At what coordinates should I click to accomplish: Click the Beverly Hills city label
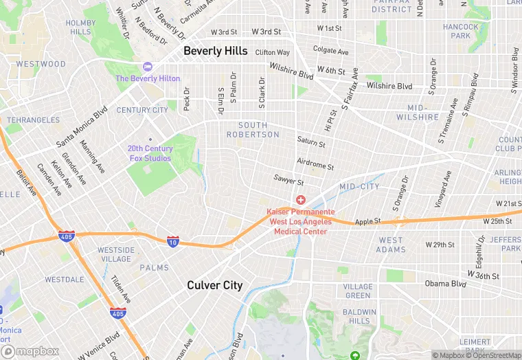tap(215, 51)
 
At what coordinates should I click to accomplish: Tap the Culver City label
tap(214, 285)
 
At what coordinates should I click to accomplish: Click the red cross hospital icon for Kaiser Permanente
tap(301, 200)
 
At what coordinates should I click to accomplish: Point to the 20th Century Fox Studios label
tap(150, 153)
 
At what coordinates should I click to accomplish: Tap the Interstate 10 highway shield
tap(174, 241)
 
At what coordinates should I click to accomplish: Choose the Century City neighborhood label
tap(142, 110)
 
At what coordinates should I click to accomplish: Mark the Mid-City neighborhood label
tap(359, 186)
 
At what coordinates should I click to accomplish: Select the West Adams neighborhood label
tap(391, 245)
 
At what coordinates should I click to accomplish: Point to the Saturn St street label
tap(311, 142)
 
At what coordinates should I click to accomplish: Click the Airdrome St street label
tap(315, 166)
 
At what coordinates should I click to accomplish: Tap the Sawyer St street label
tap(288, 181)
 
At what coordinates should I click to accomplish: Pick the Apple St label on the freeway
tap(367, 222)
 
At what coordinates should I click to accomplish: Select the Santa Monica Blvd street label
tap(82, 126)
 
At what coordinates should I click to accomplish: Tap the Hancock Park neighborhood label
tap(461, 32)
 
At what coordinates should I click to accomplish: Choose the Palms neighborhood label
tap(154, 267)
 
